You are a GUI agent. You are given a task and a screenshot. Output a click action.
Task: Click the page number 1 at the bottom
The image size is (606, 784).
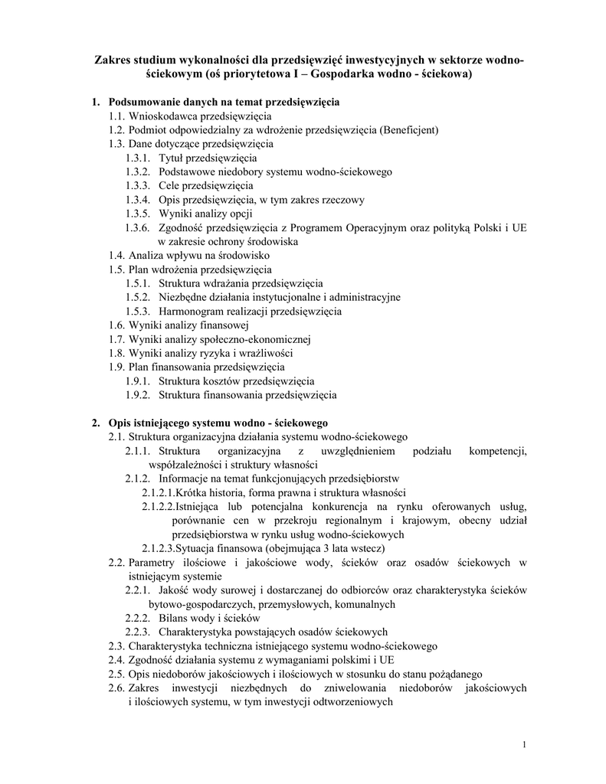point(523,745)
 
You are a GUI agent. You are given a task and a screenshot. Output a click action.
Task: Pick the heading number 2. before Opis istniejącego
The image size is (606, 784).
point(97,423)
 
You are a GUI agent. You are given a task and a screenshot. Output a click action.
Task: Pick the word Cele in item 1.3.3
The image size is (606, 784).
point(170,185)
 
